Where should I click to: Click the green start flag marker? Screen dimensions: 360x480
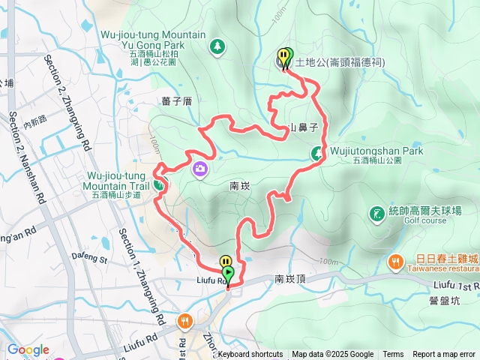(x=228, y=273)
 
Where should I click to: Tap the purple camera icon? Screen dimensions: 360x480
(x=200, y=168)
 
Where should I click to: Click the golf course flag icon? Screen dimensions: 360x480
(x=375, y=216)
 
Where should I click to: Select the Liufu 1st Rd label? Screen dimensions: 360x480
(x=456, y=286)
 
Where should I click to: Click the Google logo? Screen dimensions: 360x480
(x=28, y=349)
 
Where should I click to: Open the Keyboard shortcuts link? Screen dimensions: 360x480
(x=250, y=355)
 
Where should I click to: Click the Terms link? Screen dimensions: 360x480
(x=393, y=355)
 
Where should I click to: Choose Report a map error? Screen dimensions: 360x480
(x=445, y=355)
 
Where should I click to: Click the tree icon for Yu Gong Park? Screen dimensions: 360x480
(x=217, y=46)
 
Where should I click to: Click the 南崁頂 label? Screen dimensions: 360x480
(x=289, y=278)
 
